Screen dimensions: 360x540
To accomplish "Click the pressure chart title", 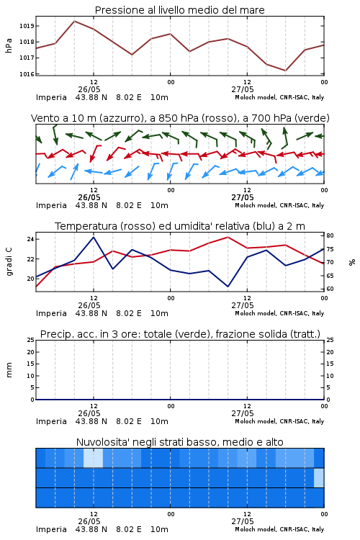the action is click(179, 10).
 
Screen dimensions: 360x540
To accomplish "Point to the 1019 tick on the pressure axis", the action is click(26, 26).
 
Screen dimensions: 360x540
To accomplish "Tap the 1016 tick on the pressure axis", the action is click(26, 74).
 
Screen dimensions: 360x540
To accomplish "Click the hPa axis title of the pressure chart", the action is click(9, 45).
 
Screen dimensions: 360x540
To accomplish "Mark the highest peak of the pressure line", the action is click(74, 21).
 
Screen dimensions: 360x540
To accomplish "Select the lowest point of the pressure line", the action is click(285, 71).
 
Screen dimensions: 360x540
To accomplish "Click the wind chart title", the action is click(180, 118).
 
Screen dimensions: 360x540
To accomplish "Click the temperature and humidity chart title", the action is click(180, 226).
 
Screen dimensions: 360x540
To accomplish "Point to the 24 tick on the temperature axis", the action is click(30, 239).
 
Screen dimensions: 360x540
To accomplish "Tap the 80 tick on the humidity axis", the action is click(330, 235).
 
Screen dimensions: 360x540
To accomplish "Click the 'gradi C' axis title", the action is click(9, 261).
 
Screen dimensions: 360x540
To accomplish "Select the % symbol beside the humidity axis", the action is click(352, 262).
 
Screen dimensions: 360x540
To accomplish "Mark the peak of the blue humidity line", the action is click(94, 237).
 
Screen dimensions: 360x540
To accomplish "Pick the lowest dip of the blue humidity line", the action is click(228, 286).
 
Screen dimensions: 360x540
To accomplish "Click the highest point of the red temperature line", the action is click(228, 237).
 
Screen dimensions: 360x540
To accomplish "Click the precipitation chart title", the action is click(180, 334).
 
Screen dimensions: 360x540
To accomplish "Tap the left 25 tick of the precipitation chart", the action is click(31, 340).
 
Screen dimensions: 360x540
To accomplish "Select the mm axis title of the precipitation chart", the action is click(9, 370).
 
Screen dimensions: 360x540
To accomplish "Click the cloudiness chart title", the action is click(179, 442).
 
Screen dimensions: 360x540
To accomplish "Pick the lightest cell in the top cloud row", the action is click(93, 458).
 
